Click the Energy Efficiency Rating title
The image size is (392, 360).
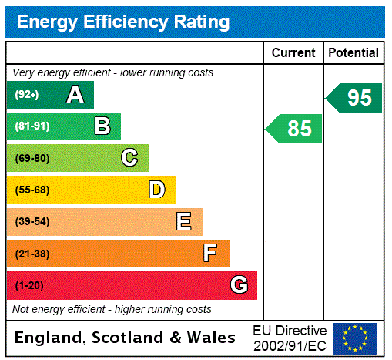coord(123,22)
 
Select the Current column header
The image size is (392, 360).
coord(293,52)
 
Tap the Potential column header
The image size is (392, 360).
coord(353,52)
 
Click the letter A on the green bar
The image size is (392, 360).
coord(75,95)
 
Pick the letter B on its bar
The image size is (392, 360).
coord(102,126)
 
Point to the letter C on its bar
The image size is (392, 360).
coord(129,158)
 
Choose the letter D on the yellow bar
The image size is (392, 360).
coord(156,190)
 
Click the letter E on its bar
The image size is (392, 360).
coord(184,222)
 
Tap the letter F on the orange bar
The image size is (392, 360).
coord(210,254)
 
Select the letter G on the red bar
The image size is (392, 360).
coord(239,285)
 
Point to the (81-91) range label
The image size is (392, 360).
coord(32,126)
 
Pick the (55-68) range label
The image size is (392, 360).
coord(32,190)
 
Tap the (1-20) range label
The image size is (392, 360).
coord(29,285)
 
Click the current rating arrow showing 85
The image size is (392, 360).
coord(294,128)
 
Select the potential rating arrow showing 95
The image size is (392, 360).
coord(354,97)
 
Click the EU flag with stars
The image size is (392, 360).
coord(355,338)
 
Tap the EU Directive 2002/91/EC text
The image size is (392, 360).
coord(290,338)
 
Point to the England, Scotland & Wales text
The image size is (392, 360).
coord(126,338)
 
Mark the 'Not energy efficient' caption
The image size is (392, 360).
coord(112,309)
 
